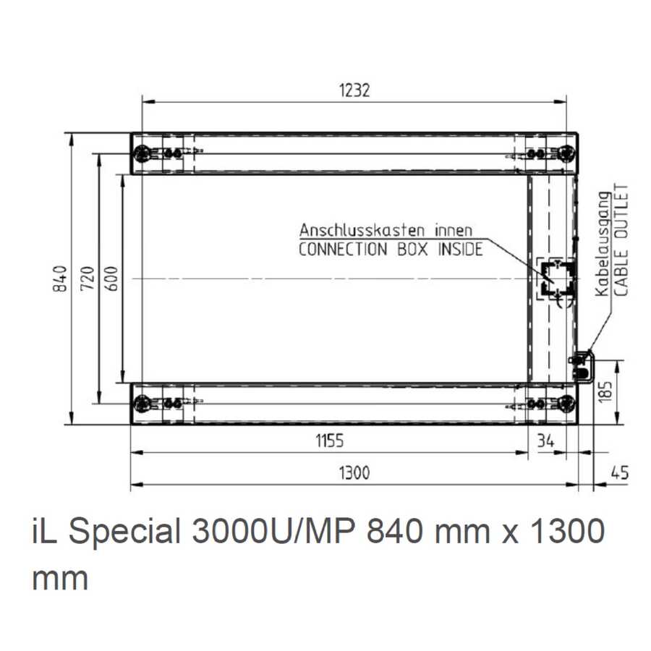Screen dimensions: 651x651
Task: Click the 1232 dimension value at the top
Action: tap(354, 90)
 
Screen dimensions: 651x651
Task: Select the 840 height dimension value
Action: tap(61, 278)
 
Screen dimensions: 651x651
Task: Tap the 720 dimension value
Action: tap(88, 278)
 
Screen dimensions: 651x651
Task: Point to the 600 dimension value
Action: tap(111, 278)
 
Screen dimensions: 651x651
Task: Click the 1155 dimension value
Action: tap(330, 441)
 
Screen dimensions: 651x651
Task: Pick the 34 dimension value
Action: tap(545, 441)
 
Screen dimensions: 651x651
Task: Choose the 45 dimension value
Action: tap(620, 473)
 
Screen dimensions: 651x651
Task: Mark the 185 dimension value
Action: tap(605, 391)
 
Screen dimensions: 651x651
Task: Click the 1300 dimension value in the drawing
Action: tap(354, 473)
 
